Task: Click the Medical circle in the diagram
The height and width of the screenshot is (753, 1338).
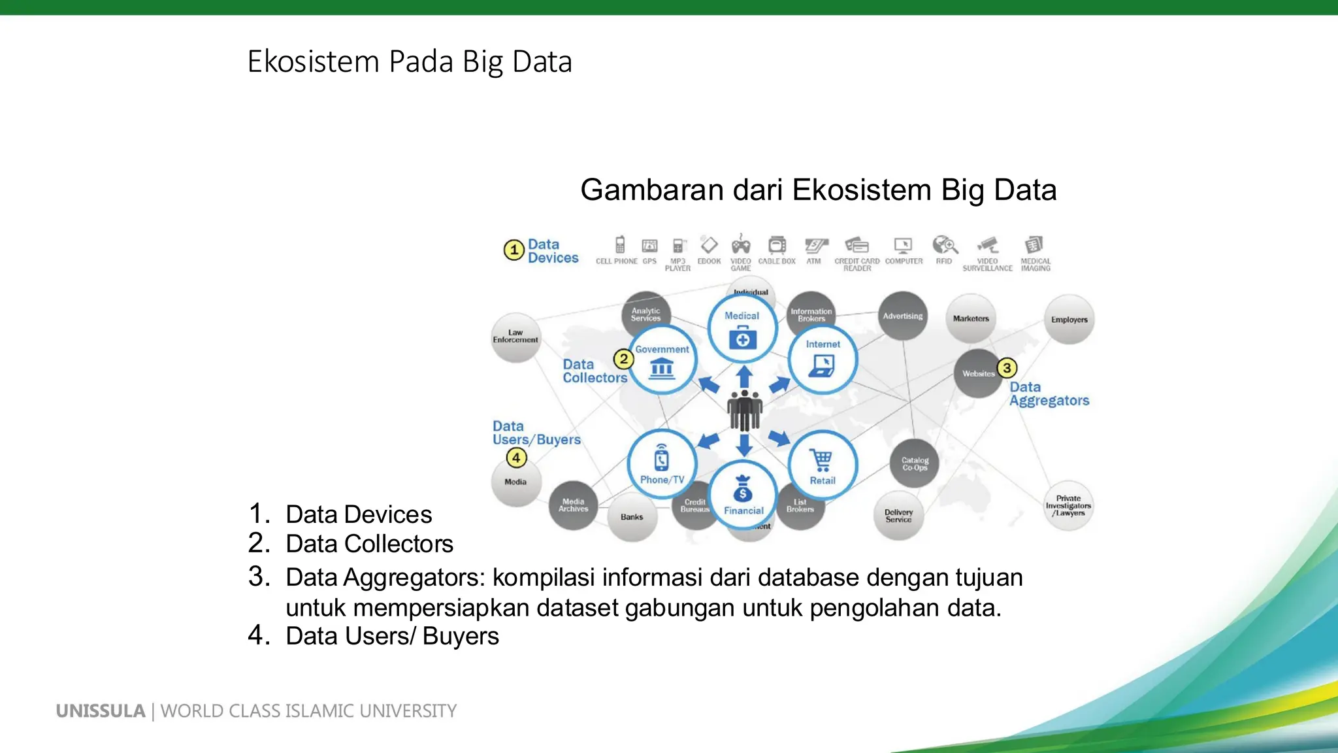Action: [743, 329]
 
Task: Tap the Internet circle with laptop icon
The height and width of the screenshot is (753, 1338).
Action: [823, 360]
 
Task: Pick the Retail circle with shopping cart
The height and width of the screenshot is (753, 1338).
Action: [823, 465]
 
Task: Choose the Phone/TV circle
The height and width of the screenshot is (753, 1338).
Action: [662, 463]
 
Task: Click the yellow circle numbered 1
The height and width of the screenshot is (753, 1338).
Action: [514, 250]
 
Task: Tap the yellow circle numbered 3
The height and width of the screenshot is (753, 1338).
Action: [1007, 368]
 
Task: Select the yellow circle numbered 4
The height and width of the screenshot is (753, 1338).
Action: [516, 458]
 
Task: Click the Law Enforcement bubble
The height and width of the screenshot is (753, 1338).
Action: [515, 337]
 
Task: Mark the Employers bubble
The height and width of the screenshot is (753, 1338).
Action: [1069, 320]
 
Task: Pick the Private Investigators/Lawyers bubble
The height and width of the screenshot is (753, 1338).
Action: [1068, 506]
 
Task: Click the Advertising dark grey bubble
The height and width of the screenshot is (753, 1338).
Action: [903, 316]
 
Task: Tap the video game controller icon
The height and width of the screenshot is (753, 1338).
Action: [740, 246]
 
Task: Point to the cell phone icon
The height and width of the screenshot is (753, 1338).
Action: [620, 245]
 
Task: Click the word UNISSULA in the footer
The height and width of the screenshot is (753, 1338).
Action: [101, 711]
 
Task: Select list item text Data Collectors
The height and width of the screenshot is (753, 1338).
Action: [369, 544]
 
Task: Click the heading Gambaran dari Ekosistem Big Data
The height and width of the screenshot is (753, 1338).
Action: [818, 190]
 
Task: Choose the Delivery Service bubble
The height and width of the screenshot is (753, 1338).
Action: [898, 516]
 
